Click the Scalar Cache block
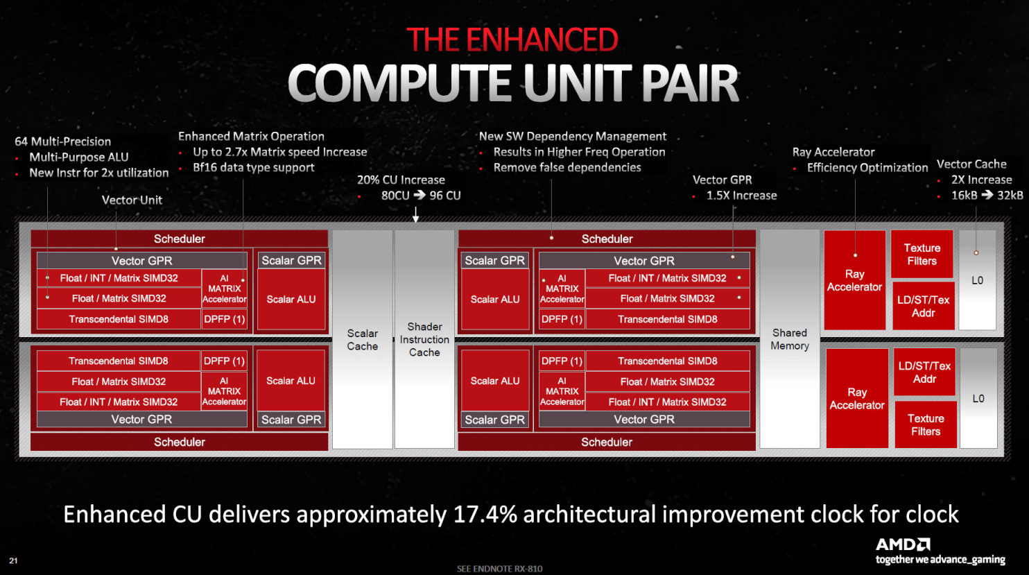pyautogui.click(x=363, y=339)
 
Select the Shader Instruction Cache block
pyautogui.click(x=424, y=339)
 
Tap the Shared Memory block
pyautogui.click(x=790, y=339)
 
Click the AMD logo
pyautogui.click(x=903, y=544)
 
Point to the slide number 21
pyautogui.click(x=13, y=560)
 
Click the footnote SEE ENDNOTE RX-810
pyautogui.click(x=499, y=569)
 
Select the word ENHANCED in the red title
pyautogui.click(x=542, y=40)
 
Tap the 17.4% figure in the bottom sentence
pyautogui.click(x=485, y=514)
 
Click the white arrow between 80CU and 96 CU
pyautogui.click(x=420, y=195)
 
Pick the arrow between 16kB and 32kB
pyautogui.click(x=987, y=195)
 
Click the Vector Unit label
pyautogui.click(x=132, y=200)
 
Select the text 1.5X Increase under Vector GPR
pyautogui.click(x=741, y=196)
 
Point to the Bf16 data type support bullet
pyautogui.click(x=254, y=167)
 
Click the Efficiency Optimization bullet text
pyautogui.click(x=867, y=168)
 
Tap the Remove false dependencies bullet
pyautogui.click(x=567, y=167)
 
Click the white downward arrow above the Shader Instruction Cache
pyautogui.click(x=416, y=214)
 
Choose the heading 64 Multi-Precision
pyautogui.click(x=63, y=141)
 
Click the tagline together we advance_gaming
pyautogui.click(x=940, y=559)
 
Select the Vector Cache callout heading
pyautogui.click(x=971, y=164)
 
